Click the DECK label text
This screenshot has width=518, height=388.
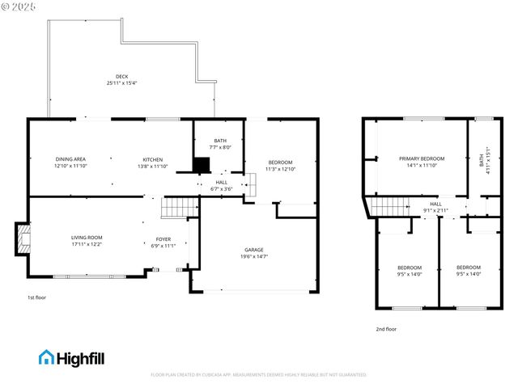click(x=121, y=77)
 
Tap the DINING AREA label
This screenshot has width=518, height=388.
click(x=70, y=159)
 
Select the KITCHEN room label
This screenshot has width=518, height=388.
click(x=154, y=159)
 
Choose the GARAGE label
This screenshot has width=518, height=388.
click(x=254, y=250)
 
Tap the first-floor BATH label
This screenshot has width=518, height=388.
click(x=220, y=141)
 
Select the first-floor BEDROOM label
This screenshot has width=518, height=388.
click(x=280, y=162)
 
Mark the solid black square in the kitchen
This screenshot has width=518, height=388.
click(x=201, y=165)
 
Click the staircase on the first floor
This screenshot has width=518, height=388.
click(x=179, y=209)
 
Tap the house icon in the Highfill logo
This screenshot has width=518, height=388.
click(x=46, y=357)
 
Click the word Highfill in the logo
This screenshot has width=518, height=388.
click(x=80, y=357)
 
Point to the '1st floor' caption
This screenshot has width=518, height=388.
click(x=37, y=297)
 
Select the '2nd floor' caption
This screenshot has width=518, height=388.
click(x=386, y=329)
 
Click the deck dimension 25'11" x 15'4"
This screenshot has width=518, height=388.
click(x=121, y=83)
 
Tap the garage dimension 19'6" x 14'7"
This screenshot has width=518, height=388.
click(x=254, y=256)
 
